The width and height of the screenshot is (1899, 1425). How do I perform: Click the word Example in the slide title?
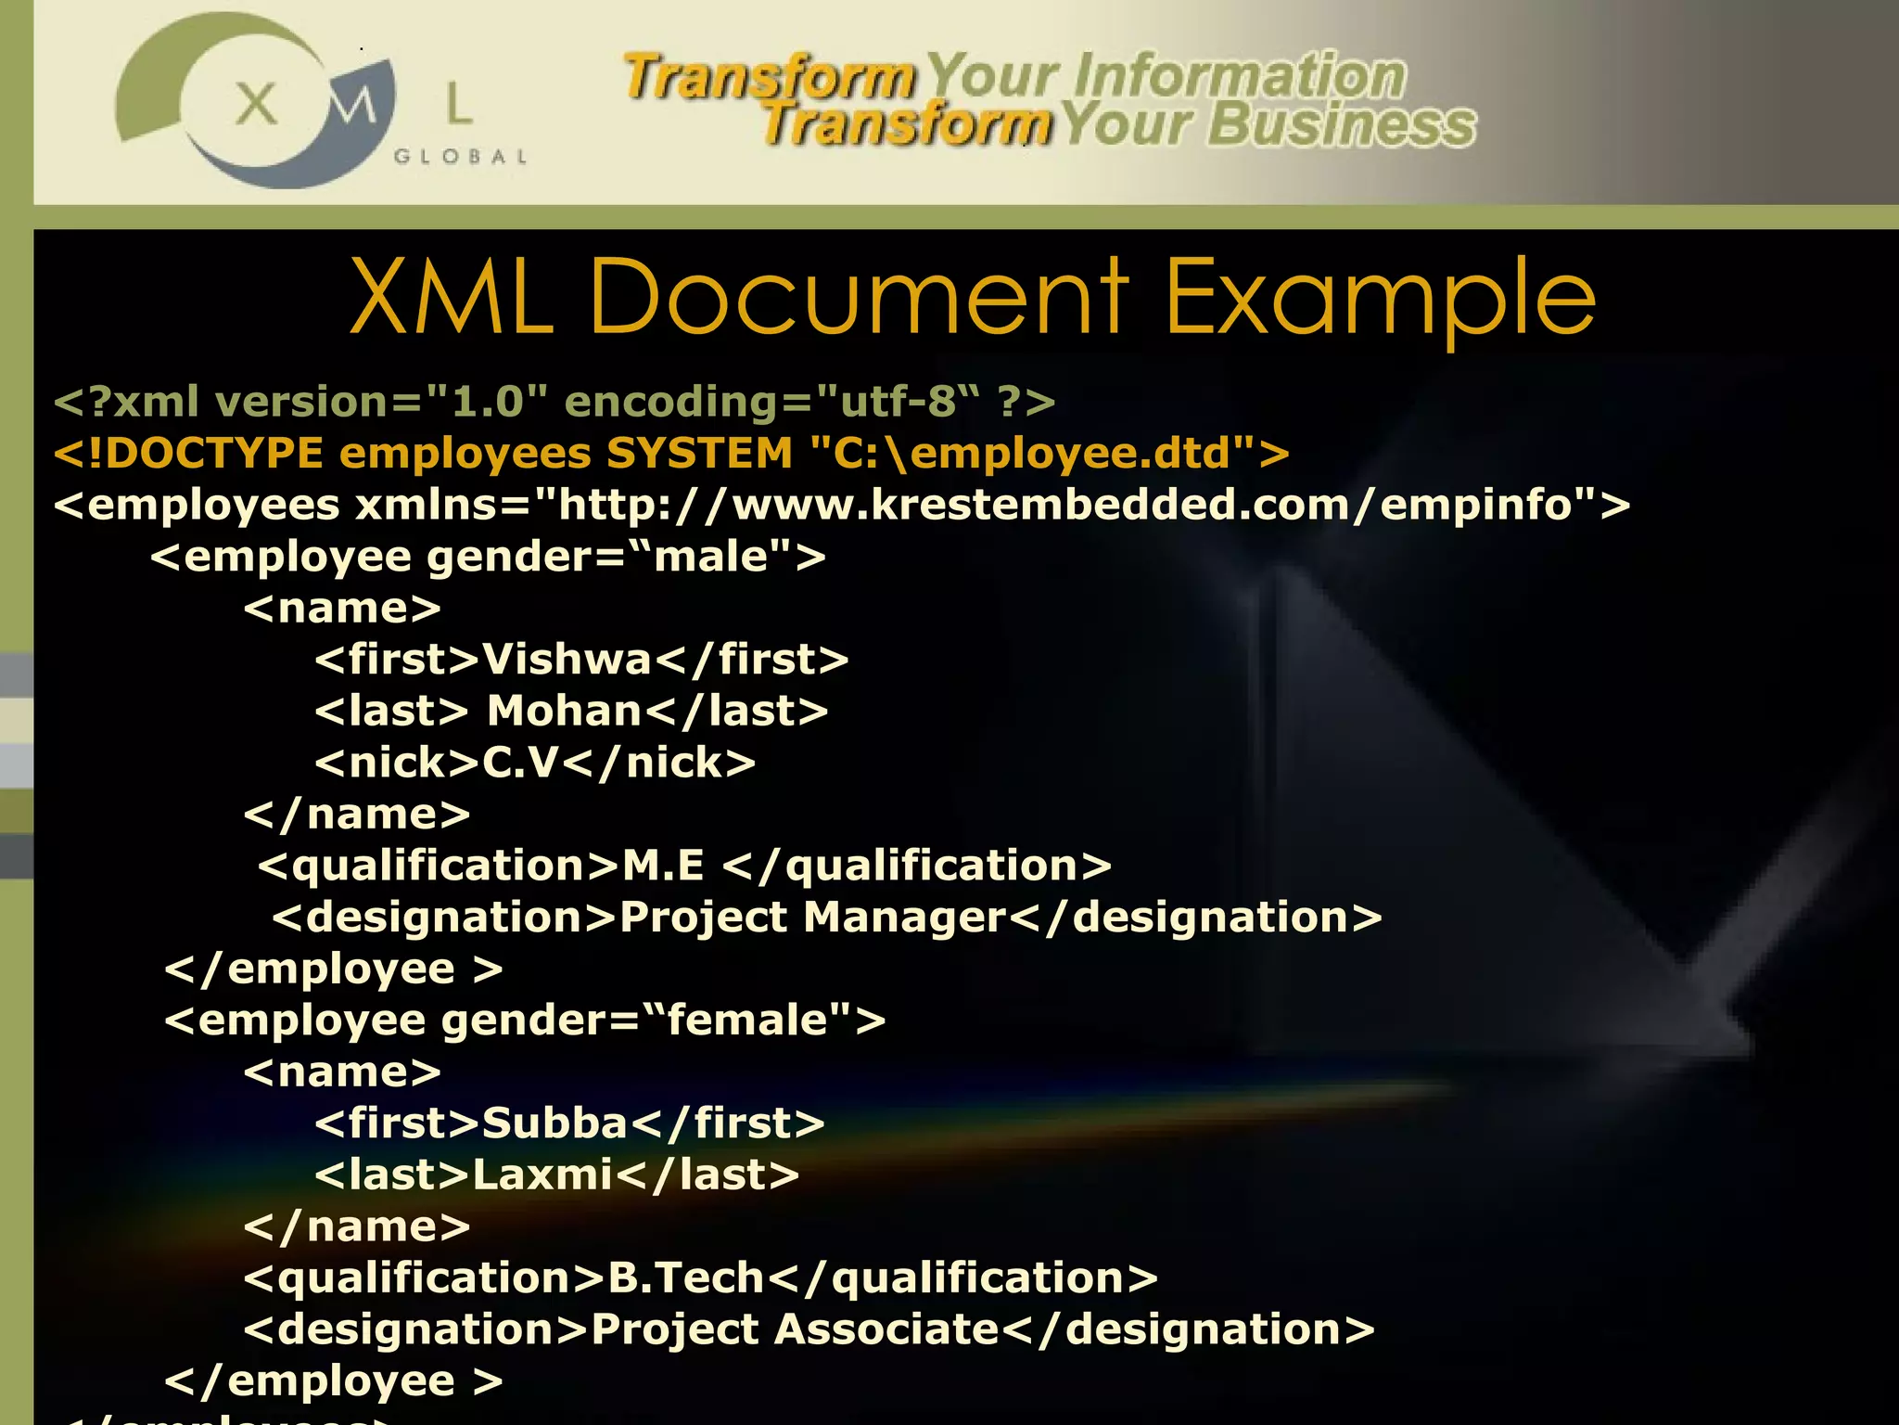click(1380, 299)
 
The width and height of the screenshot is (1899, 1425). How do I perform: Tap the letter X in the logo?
click(257, 104)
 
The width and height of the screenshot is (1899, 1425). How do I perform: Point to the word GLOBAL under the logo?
click(461, 157)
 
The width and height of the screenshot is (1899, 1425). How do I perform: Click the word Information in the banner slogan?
click(1240, 76)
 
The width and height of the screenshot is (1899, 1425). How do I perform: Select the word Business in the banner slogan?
click(1342, 126)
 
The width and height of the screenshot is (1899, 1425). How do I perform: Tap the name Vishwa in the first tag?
click(567, 660)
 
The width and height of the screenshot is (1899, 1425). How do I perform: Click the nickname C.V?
click(521, 763)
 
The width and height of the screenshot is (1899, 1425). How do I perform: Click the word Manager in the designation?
click(904, 918)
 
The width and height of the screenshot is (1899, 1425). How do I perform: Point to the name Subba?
click(554, 1123)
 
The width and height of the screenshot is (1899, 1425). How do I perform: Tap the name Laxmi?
click(542, 1175)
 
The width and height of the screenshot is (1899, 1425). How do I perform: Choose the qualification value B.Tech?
click(686, 1278)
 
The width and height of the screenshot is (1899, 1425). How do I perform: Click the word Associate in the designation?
click(886, 1329)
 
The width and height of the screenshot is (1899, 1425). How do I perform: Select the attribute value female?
click(746, 1021)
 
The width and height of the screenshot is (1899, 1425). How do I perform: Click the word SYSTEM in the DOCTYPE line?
click(699, 453)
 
